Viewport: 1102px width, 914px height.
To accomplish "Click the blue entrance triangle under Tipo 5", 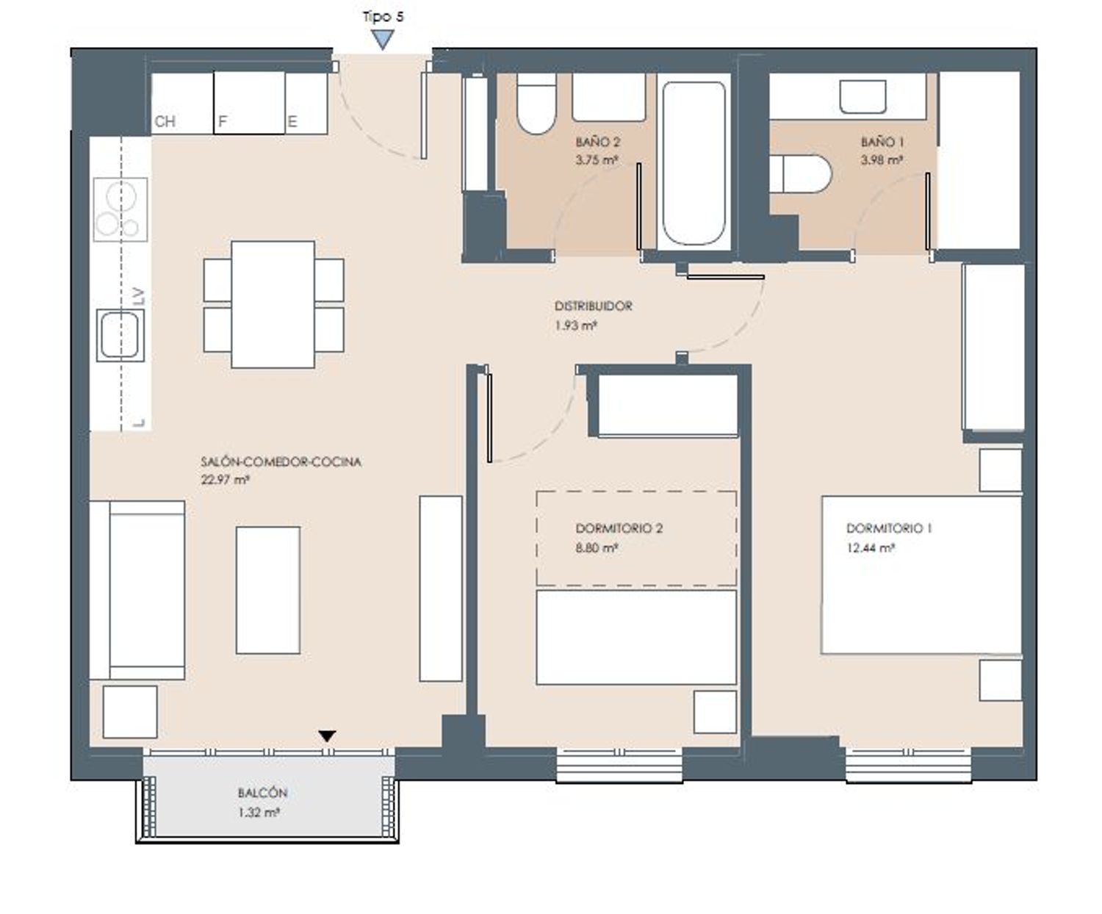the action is [383, 39].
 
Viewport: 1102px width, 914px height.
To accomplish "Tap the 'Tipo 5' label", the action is [383, 16].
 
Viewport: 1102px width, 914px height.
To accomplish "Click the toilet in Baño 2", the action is [536, 104].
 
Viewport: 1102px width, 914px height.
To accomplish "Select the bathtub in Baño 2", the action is [694, 162].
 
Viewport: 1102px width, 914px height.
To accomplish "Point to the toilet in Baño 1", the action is [801, 174].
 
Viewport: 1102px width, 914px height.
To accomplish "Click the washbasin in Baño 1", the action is [862, 96].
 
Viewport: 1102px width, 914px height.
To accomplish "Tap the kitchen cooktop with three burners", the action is [120, 209].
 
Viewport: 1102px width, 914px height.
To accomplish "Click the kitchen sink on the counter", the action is [120, 335].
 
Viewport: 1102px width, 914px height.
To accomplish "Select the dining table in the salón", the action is [273, 304].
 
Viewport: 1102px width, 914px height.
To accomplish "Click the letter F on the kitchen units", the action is [222, 122].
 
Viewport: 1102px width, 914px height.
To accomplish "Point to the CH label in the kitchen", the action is [165, 122].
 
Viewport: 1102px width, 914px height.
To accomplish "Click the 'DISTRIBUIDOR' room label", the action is [593, 306].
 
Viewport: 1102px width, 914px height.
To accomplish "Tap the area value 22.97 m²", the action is [225, 480].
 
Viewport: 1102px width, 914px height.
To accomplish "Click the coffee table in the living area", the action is [268, 590].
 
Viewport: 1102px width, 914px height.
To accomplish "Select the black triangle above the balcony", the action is [327, 736].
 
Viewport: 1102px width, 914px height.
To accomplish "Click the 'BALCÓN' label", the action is [262, 794].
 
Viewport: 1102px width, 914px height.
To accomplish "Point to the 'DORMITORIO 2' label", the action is [619, 528].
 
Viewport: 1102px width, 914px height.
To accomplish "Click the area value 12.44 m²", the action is [871, 548].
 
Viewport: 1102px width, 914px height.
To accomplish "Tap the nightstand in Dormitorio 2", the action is [715, 712].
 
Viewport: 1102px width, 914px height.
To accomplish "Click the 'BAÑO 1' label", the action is [882, 142].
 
